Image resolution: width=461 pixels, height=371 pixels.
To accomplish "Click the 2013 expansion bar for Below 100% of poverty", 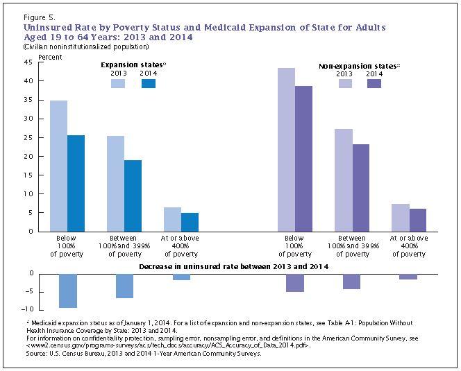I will click(59, 166).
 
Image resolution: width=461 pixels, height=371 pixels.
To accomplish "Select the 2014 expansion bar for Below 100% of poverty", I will click(76, 183).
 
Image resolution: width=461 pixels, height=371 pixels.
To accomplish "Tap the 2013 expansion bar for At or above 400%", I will click(172, 219).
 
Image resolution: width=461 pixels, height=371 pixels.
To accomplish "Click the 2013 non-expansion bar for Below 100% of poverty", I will click(286, 149).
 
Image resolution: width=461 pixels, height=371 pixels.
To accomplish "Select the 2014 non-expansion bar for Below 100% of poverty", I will click(303, 159).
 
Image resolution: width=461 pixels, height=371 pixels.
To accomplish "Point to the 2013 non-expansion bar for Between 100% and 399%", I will click(343, 180).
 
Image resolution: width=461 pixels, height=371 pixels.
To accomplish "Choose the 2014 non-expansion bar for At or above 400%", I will click(417, 220).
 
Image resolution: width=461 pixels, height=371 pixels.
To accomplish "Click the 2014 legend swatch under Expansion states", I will click(149, 83).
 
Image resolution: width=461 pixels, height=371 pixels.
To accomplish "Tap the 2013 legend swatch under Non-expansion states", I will click(346, 83).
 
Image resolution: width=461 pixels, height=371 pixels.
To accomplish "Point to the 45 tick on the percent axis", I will click(28, 62).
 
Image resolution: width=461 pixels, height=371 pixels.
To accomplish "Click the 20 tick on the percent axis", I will click(28, 156).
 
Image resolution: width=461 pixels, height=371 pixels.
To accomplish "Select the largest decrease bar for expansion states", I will click(67, 291).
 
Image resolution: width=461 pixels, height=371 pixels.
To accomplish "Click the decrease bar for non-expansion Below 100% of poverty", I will click(295, 282).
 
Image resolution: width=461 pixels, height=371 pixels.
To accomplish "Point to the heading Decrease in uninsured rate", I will click(233, 266).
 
